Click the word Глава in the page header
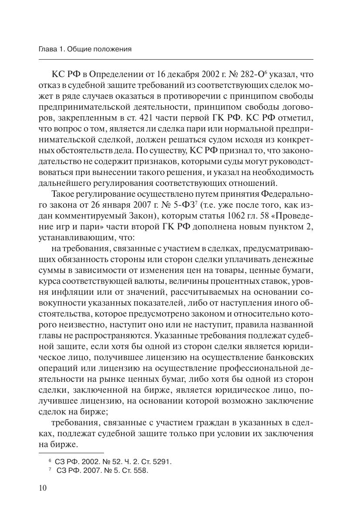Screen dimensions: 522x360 (x=48, y=50)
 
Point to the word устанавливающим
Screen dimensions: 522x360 (x=77, y=239)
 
